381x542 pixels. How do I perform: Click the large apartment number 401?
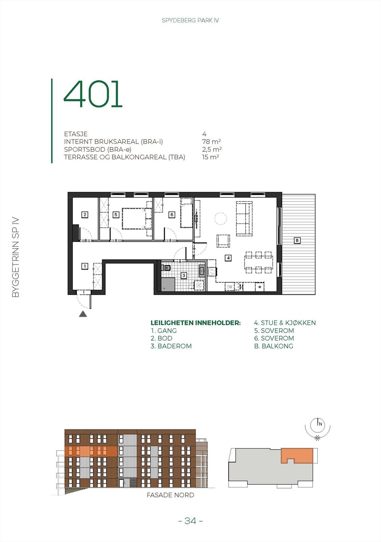pyautogui.click(x=93, y=94)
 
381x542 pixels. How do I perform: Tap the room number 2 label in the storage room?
pyautogui.click(x=85, y=214)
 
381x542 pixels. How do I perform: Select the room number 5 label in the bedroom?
pyautogui.click(x=116, y=214)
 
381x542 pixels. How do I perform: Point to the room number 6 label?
pyautogui.click(x=172, y=214)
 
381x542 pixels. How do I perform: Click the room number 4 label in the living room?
pyautogui.click(x=229, y=258)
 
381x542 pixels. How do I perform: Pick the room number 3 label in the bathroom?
pyautogui.click(x=184, y=275)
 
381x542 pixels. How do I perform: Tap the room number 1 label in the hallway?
pyautogui.click(x=85, y=266)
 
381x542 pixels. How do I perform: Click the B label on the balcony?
pyautogui.click(x=297, y=241)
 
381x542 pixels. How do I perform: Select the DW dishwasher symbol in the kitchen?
pyautogui.click(x=230, y=287)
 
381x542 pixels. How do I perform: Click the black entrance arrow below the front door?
pyautogui.click(x=83, y=314)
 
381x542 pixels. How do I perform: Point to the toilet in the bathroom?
pyautogui.click(x=166, y=268)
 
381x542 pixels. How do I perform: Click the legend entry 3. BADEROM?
pyautogui.click(x=171, y=346)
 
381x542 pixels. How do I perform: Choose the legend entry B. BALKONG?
pyautogui.click(x=273, y=346)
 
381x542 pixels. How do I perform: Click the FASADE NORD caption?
pyautogui.click(x=170, y=495)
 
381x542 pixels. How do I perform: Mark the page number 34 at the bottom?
pyautogui.click(x=190, y=521)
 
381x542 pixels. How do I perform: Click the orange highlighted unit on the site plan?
pyautogui.click(x=297, y=454)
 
